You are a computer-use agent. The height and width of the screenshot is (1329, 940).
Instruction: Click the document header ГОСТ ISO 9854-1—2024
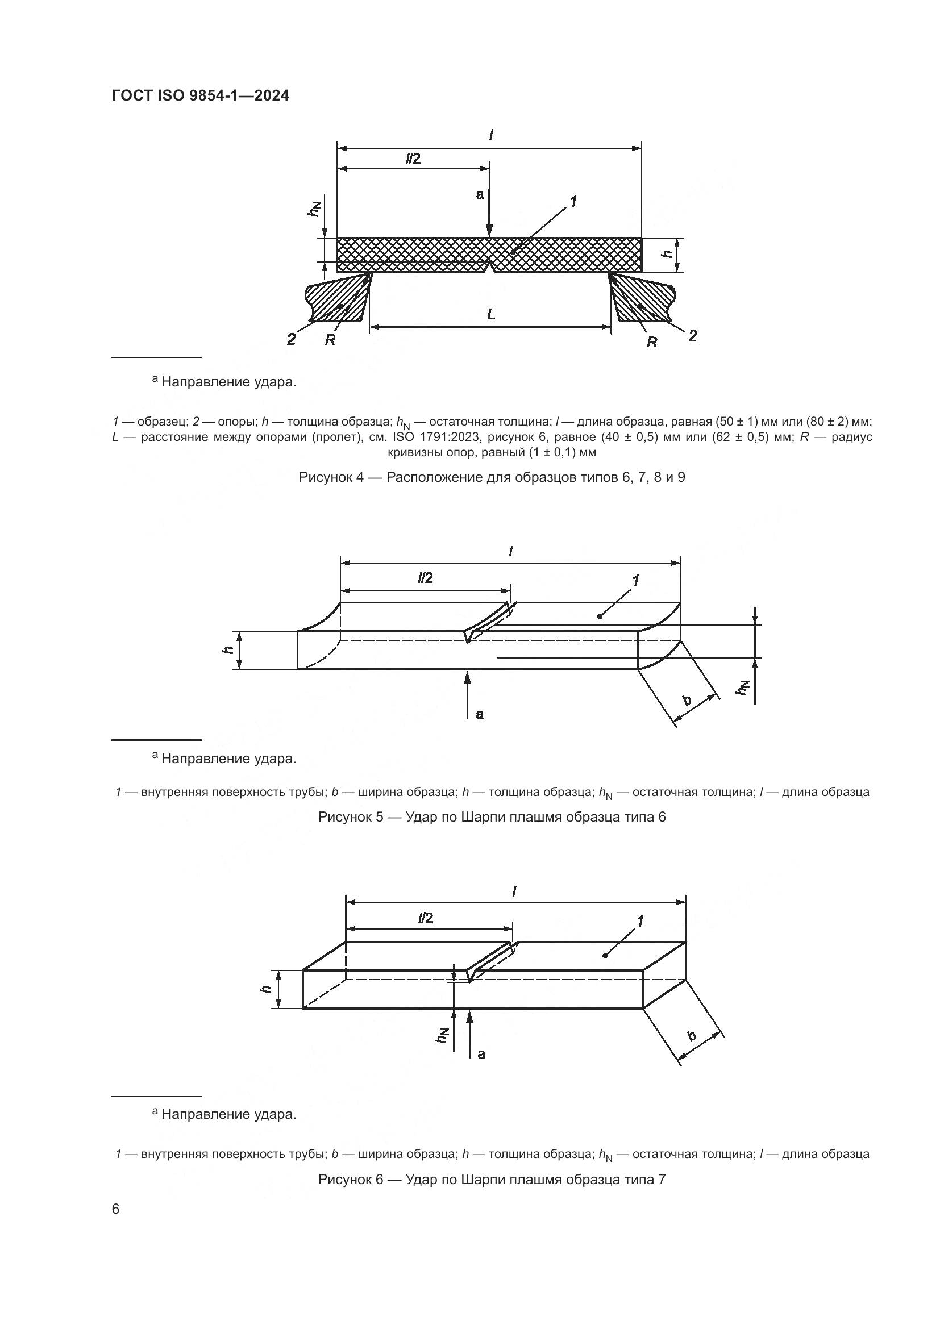200,96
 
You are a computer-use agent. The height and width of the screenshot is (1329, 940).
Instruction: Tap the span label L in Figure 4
491,314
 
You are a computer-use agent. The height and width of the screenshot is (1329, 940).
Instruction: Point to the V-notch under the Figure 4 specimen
490,268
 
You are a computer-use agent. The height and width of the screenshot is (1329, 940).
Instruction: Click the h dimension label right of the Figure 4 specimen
667,253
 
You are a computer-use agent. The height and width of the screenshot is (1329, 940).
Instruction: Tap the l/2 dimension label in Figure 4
413,159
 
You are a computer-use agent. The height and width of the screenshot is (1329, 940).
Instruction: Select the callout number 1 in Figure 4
573,202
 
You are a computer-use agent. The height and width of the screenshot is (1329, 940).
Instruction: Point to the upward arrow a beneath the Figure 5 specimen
468,694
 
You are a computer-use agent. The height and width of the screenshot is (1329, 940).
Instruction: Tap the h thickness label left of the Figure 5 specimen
227,649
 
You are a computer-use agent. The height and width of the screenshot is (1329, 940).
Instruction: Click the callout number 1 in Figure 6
640,920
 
